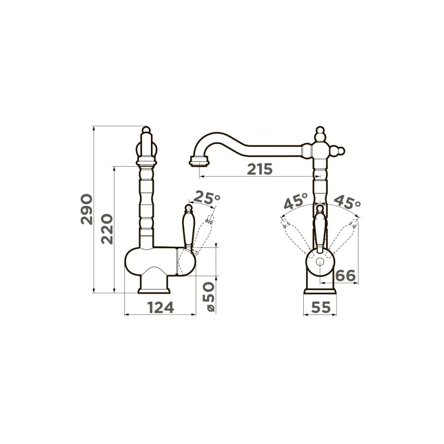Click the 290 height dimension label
[87, 209]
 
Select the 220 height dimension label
[107, 230]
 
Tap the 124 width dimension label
[161, 308]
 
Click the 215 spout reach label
[260, 169]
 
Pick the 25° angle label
[207, 198]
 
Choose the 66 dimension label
[345, 276]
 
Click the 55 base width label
[321, 308]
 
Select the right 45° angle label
[347, 202]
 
